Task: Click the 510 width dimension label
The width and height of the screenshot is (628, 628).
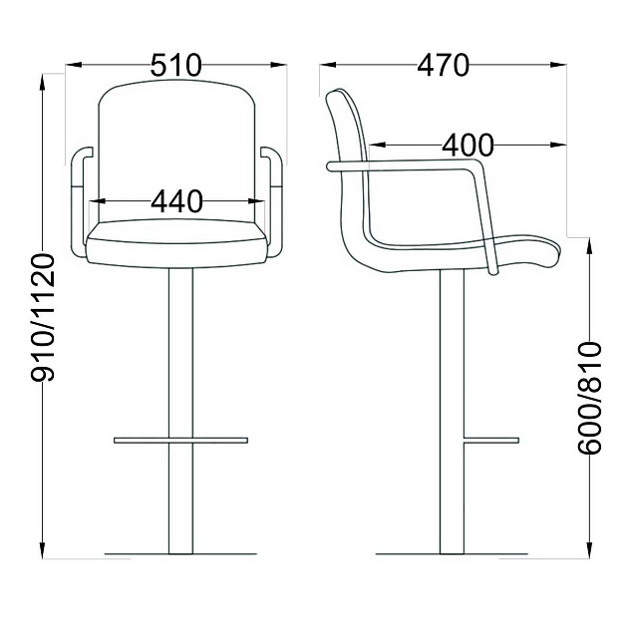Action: click(x=176, y=65)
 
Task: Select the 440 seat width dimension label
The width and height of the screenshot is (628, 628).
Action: click(x=176, y=201)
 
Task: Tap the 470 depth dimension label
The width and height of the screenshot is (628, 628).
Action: click(x=443, y=65)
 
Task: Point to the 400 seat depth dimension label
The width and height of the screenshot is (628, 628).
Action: click(x=468, y=145)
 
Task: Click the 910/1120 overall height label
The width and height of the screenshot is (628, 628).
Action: click(x=43, y=317)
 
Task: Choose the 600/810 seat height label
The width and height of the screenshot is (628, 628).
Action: click(x=589, y=398)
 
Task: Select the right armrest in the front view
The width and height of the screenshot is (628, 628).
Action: click(x=272, y=201)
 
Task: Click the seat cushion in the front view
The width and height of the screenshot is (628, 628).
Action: click(x=176, y=243)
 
